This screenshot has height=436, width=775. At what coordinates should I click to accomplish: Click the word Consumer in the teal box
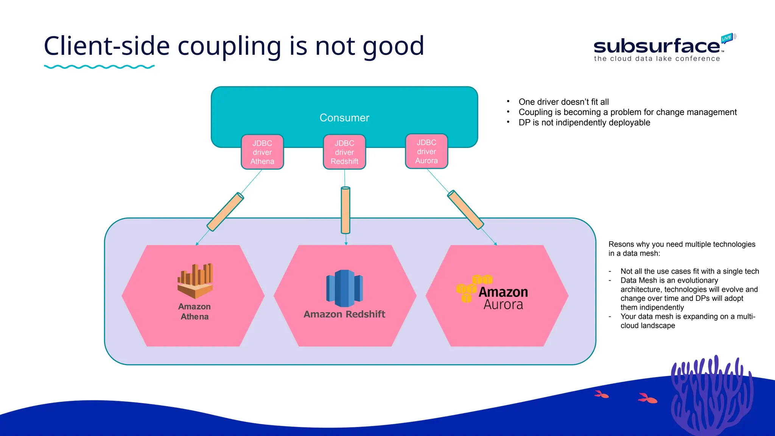click(x=344, y=118)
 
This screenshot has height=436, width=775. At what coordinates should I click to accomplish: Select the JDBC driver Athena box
click(x=262, y=152)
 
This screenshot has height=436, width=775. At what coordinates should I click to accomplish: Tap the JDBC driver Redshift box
click(x=344, y=152)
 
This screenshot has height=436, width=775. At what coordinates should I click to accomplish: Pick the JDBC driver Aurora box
click(x=426, y=151)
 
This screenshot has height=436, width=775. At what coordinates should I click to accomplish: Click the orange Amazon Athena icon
click(x=195, y=281)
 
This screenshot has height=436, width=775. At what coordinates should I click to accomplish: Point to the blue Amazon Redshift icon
click(x=344, y=288)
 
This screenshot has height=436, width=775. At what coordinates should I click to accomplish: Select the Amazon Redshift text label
click(x=344, y=314)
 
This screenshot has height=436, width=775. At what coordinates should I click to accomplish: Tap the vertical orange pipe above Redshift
click(x=345, y=210)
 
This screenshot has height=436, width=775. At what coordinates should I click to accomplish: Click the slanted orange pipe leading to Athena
click(x=225, y=212)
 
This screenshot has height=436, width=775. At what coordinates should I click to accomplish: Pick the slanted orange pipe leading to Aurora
click(x=465, y=210)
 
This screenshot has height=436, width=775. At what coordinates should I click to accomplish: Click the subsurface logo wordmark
click(x=657, y=46)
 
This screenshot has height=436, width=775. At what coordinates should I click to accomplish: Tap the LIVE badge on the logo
click(x=727, y=38)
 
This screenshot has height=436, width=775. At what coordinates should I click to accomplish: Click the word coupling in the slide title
click(x=229, y=46)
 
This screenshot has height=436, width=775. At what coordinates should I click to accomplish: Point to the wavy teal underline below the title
click(x=99, y=67)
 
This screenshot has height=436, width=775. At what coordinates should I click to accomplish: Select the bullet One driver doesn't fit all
click(x=563, y=102)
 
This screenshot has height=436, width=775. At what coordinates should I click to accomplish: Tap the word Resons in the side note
click(x=621, y=244)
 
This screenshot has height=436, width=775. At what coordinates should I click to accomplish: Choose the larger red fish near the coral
click(x=647, y=398)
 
